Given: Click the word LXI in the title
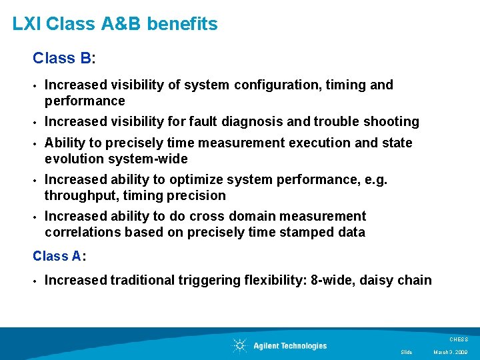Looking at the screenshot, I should click(27, 25).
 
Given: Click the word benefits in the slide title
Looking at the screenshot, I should click(182, 25).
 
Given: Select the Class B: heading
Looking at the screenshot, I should click(64, 59).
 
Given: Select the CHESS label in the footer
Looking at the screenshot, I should click(459, 339).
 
